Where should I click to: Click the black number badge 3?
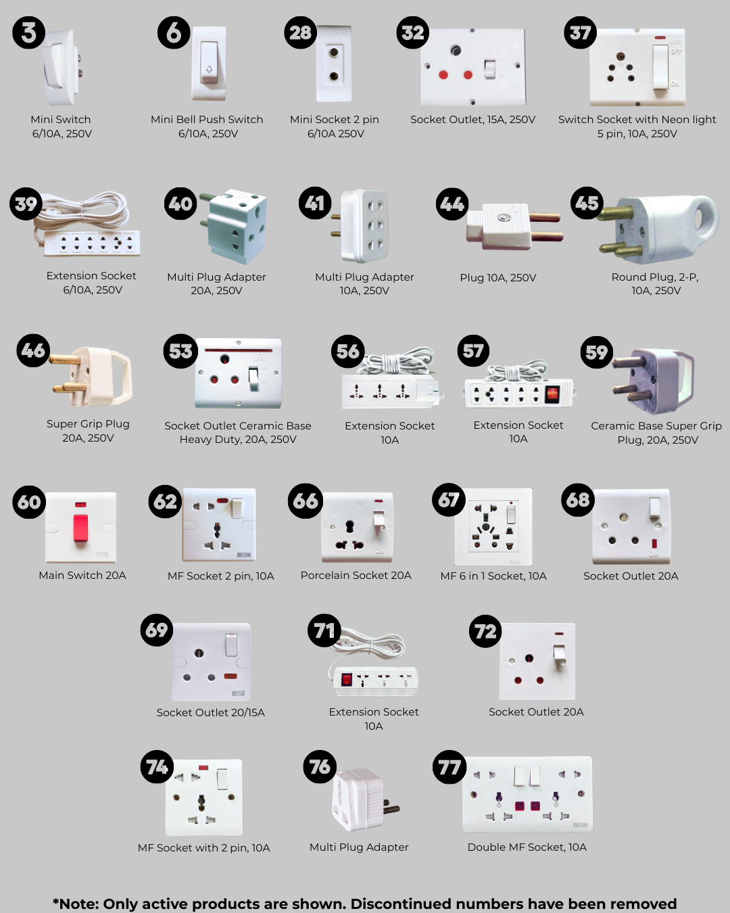point(28,32)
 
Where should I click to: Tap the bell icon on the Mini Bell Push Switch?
point(209,69)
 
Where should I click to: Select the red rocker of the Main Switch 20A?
point(80,528)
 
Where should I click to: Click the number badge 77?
point(449,767)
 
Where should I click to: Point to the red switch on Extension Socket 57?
point(552,394)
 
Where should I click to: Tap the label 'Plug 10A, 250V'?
point(498,278)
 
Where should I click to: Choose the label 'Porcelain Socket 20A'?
point(356,576)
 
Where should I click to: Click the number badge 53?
point(180,351)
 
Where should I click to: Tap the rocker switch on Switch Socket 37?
point(660,66)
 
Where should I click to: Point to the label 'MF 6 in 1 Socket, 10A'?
point(493,576)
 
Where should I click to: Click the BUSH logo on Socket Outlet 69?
point(238,693)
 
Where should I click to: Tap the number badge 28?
point(300,32)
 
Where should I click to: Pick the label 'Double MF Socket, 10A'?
point(527,847)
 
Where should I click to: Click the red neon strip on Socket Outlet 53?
point(238,350)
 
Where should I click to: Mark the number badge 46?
point(33,350)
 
